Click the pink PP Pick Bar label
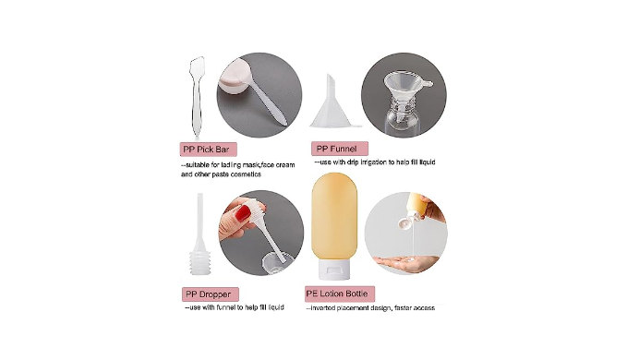[209, 150]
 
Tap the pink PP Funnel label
[340, 149]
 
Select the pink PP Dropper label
[211, 294]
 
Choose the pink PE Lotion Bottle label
[340, 294]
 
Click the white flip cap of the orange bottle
[334, 269]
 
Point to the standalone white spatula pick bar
[196, 96]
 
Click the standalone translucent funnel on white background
[333, 102]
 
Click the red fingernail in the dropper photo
[242, 212]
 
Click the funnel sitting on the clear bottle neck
[404, 89]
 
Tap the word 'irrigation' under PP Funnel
[374, 162]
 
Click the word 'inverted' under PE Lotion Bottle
[323, 308]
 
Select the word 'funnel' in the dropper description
[226, 307]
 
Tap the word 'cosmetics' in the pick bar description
[247, 174]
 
